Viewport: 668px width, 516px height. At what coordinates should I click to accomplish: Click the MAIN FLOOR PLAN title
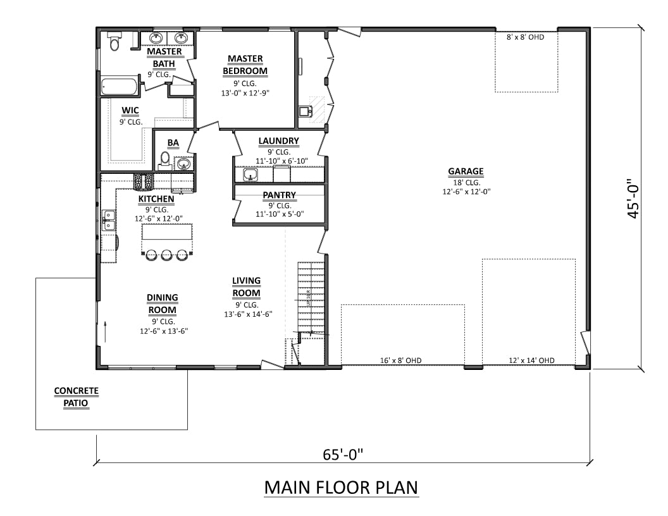[341, 488]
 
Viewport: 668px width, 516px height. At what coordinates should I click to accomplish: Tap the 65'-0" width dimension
[343, 454]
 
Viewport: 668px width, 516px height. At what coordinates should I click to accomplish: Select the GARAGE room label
[466, 171]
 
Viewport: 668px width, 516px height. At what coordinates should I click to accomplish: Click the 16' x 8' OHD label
[402, 360]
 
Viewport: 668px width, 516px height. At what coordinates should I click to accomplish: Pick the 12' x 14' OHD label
[531, 360]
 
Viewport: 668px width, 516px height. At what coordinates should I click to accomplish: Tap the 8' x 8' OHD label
[525, 37]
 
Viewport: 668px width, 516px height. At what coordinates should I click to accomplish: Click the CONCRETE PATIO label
[76, 397]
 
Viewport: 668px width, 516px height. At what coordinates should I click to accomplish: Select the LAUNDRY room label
[278, 141]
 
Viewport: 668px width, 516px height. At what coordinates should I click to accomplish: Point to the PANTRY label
[279, 195]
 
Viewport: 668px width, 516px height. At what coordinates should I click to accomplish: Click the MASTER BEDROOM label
[245, 64]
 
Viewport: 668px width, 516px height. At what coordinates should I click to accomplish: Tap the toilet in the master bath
[114, 42]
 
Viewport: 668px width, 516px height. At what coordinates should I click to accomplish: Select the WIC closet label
[130, 111]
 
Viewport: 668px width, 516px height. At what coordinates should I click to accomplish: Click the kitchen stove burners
[143, 182]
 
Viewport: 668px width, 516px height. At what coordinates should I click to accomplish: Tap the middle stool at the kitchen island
[167, 255]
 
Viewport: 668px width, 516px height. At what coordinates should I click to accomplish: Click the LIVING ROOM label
[246, 286]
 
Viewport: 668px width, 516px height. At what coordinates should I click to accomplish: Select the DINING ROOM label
[163, 304]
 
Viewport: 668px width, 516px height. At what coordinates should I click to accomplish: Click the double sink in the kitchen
[109, 220]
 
